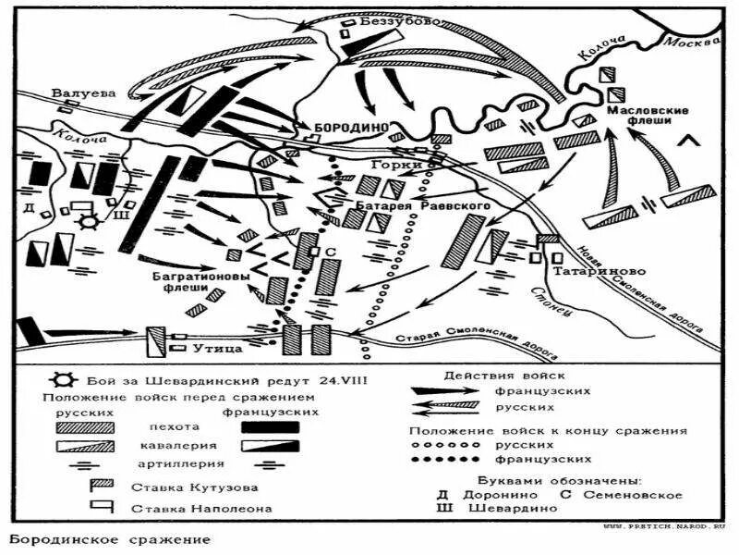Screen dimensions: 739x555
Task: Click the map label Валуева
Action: coord(82,92)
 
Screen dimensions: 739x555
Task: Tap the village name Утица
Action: coord(218,348)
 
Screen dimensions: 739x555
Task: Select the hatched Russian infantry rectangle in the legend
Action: coord(85,427)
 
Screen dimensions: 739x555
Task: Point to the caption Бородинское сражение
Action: coord(110,538)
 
